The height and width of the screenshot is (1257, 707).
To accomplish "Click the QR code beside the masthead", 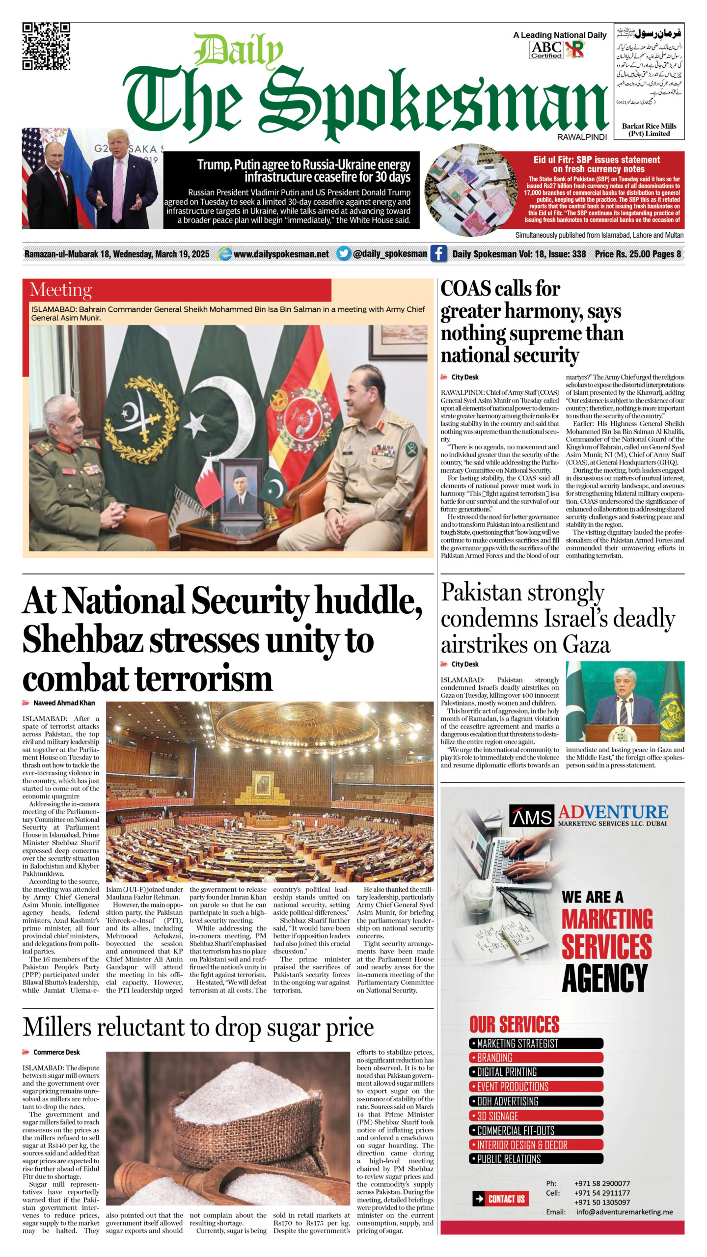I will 46,46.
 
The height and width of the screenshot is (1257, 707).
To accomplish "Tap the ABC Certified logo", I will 546,50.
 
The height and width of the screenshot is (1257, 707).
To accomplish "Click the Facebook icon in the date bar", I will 438,254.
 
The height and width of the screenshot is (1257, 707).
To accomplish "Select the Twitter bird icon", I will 345,254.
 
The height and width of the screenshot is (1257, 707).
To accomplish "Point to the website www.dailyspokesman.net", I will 281,254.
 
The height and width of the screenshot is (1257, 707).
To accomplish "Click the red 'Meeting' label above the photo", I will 61,290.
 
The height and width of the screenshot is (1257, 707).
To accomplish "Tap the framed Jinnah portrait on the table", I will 241,490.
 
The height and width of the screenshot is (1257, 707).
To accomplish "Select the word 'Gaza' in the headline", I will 586,644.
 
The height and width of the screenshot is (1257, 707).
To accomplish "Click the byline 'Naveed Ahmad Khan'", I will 64,703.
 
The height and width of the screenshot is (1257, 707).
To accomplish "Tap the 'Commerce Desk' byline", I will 56,1052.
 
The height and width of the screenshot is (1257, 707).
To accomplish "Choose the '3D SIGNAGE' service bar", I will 536,1116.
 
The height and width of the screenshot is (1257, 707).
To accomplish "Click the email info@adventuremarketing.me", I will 624,1212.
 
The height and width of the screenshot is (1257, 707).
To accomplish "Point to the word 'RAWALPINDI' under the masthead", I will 582,137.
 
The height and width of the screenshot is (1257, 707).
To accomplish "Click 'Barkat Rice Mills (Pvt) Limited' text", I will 649,130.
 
